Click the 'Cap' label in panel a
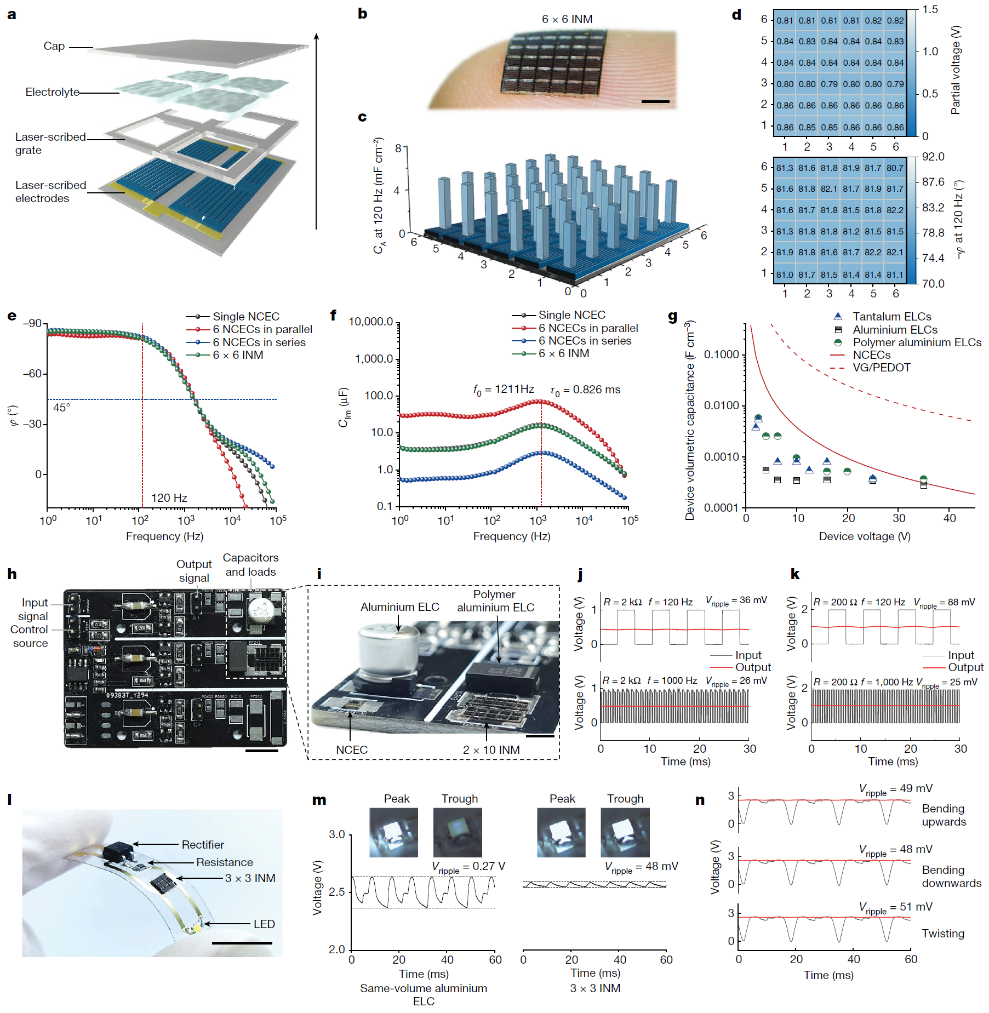click(x=54, y=47)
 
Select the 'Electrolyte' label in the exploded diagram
click(x=52, y=92)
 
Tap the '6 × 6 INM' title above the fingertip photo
click(x=567, y=19)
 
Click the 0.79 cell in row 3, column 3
click(x=829, y=84)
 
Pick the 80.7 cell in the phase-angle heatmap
click(x=895, y=168)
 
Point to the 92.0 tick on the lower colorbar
click(x=933, y=157)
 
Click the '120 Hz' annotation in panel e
click(x=169, y=498)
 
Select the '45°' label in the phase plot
click(x=61, y=408)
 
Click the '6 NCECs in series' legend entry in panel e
click(x=259, y=342)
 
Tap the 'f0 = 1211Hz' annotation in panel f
click(x=504, y=390)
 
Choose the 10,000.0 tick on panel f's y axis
click(x=371, y=322)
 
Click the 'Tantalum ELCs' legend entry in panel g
click(x=891, y=317)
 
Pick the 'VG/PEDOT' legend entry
click(x=881, y=368)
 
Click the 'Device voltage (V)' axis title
click(x=864, y=536)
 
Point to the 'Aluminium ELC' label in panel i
click(x=399, y=607)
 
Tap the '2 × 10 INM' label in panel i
click(x=491, y=750)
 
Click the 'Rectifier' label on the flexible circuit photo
click(x=203, y=845)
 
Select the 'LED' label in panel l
click(x=264, y=924)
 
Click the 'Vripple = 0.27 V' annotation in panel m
click(x=468, y=867)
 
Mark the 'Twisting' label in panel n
click(x=942, y=934)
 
